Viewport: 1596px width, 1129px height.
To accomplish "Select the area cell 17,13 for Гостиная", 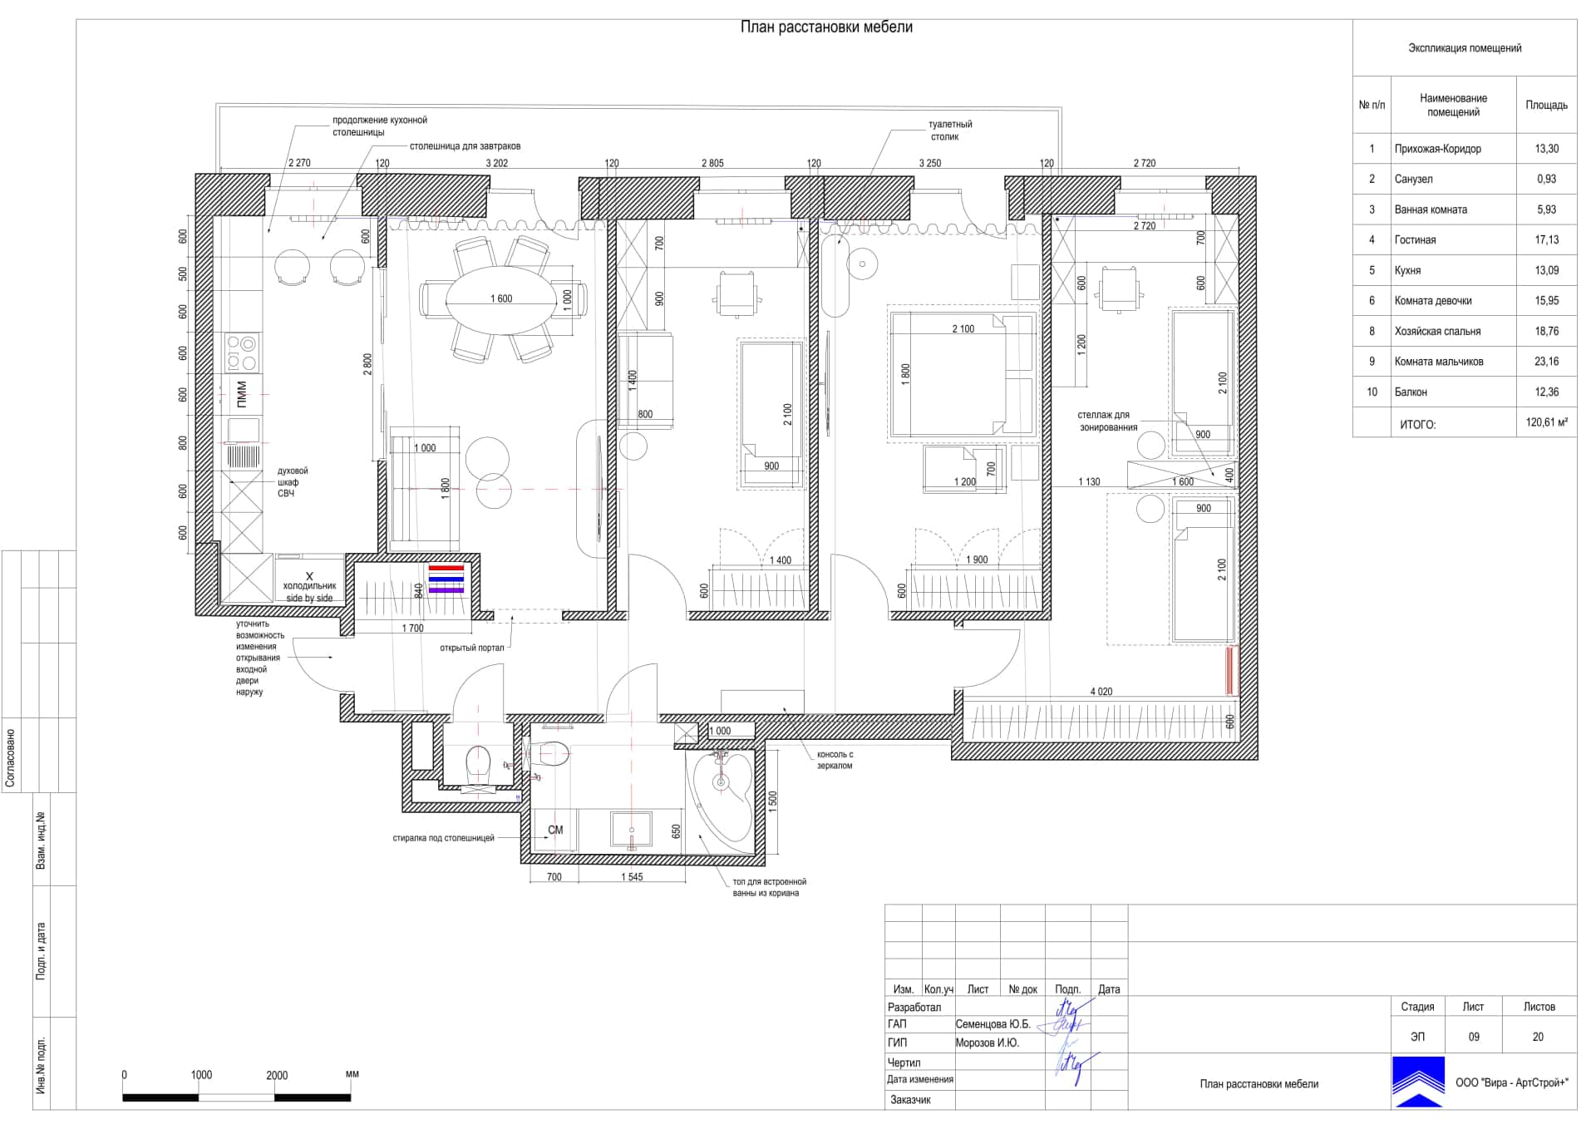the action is (1546, 240).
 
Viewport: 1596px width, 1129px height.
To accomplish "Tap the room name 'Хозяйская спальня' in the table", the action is (1437, 331).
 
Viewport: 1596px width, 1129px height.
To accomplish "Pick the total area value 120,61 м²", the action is (1546, 422).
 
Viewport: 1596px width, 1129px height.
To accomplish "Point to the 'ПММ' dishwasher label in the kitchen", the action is (242, 394).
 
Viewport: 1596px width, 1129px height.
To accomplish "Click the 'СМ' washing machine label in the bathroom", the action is (555, 830).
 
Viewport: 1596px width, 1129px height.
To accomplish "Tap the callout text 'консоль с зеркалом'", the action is (835, 760).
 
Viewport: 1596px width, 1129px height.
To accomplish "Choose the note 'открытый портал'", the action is (472, 648).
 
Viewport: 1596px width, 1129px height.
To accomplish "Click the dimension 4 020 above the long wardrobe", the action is (1101, 692).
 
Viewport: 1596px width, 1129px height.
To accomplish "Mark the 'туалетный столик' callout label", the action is (949, 131).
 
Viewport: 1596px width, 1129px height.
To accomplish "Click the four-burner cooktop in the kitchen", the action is (242, 352).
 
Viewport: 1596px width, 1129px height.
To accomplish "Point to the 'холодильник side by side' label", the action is (309, 592).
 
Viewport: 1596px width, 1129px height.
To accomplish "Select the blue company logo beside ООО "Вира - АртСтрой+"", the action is (1418, 1082).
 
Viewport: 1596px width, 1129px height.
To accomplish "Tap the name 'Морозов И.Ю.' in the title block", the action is (987, 1043).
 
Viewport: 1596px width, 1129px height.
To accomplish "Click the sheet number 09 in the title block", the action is (1473, 1037).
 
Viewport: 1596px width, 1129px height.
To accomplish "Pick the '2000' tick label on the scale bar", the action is (277, 1075).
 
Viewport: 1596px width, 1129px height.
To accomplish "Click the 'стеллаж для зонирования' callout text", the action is (1108, 422).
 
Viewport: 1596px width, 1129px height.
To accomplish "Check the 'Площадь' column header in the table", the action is (1546, 105).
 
